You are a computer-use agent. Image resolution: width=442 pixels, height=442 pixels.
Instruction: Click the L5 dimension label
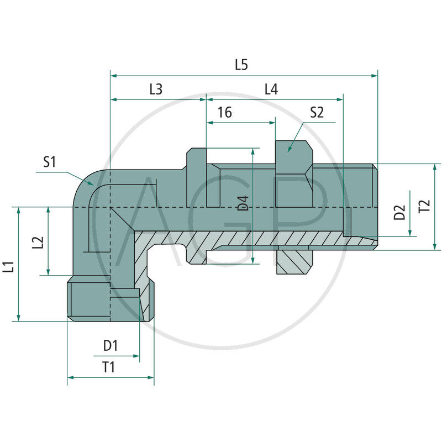click(241, 65)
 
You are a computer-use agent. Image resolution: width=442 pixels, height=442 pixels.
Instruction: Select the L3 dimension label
click(156, 90)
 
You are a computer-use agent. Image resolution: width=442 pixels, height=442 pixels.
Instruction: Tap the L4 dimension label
click(271, 90)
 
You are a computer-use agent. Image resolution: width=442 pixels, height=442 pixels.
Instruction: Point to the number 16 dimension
click(224, 113)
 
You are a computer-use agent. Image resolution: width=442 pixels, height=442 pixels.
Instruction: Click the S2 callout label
click(317, 113)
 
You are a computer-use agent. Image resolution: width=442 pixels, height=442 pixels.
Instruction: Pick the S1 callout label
click(50, 162)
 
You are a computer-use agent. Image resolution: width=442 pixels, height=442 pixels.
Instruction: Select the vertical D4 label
click(243, 203)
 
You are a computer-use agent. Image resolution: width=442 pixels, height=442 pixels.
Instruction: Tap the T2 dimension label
click(424, 207)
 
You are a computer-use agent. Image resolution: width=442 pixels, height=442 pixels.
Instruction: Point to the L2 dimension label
click(37, 242)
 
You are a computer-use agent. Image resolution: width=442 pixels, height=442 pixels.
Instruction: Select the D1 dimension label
click(110, 346)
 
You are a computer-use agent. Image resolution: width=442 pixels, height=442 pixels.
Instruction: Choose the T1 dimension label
click(109, 367)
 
